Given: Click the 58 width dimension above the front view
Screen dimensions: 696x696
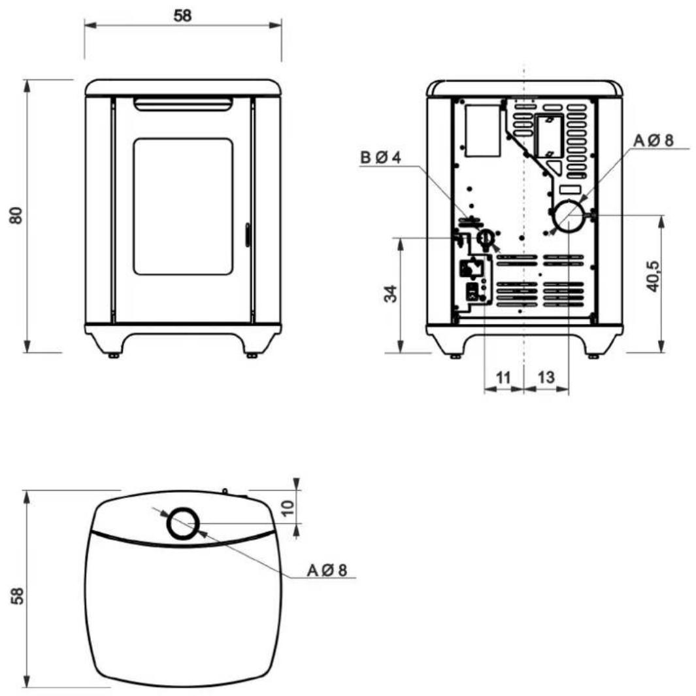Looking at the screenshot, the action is point(182,16).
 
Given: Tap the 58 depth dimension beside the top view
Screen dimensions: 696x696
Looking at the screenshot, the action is point(17,595).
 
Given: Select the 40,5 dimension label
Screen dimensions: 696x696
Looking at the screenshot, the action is point(652,276).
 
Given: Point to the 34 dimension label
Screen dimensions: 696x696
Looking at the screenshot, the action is point(390,294).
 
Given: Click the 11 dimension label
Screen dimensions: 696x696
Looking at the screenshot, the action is point(503,378).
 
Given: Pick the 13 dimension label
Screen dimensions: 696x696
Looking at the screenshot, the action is point(546,377).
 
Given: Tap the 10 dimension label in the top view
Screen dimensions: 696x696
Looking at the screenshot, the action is point(288,507).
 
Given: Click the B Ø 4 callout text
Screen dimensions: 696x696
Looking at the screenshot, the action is point(380,157).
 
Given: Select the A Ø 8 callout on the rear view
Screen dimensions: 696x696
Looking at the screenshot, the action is point(654,141).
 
